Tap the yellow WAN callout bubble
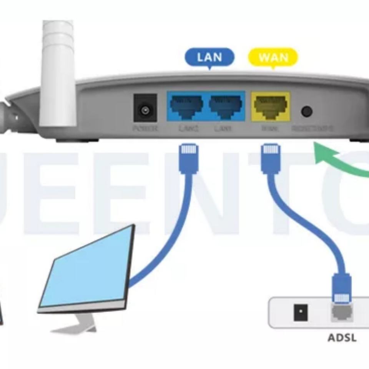pos(273,58)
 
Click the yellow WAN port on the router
pos(271,106)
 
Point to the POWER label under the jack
pos(145,128)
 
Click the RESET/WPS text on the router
pos(312,128)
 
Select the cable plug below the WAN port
pos(271,158)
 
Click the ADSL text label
pos(342,338)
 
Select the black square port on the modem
pos(300,312)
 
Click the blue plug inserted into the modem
pos(341,288)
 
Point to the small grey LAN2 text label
pos(188,128)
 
